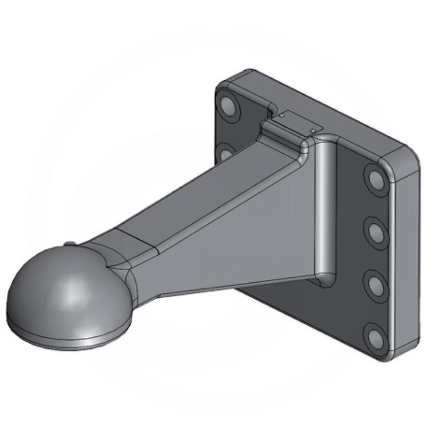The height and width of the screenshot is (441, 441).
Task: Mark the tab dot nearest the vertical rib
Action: coord(313,130)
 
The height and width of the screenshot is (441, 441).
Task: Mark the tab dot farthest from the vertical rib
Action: coord(281,116)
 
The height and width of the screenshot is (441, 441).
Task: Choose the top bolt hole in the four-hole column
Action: coord(376,179)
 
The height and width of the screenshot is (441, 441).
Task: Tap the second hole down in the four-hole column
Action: coord(377,232)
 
